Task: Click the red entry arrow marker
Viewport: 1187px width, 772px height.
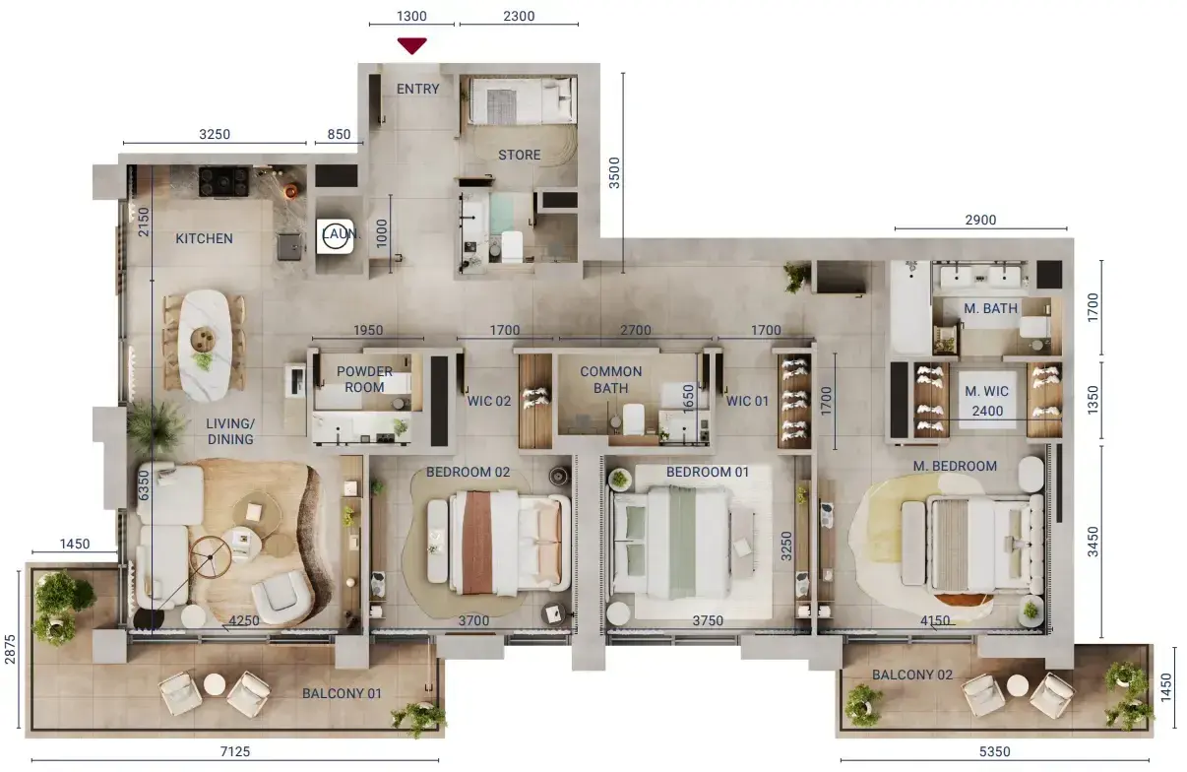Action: pyautogui.click(x=411, y=45)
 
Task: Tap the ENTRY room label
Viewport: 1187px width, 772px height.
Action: pyautogui.click(x=418, y=89)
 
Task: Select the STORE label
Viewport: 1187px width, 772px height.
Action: pyautogui.click(x=520, y=155)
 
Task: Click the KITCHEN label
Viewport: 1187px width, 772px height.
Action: pyautogui.click(x=204, y=238)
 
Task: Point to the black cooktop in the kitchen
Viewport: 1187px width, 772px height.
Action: pyautogui.click(x=223, y=181)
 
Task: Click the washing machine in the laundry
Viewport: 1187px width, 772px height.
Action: pyautogui.click(x=335, y=236)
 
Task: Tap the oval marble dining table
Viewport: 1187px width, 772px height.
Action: pyautogui.click(x=205, y=346)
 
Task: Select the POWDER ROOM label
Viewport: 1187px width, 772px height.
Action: pyautogui.click(x=364, y=379)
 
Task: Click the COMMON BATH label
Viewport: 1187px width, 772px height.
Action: pyautogui.click(x=611, y=380)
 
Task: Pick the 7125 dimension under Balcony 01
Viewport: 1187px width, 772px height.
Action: pyautogui.click(x=235, y=751)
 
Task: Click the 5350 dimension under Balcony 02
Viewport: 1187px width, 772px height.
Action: pyautogui.click(x=995, y=751)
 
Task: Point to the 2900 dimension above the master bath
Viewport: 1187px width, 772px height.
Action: pyautogui.click(x=980, y=220)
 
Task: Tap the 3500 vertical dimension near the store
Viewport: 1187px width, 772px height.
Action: pyautogui.click(x=614, y=173)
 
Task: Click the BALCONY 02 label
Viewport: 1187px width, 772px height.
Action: pyautogui.click(x=912, y=675)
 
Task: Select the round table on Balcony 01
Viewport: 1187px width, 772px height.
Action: pyautogui.click(x=215, y=684)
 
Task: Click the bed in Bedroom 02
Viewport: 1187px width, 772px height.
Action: pyautogui.click(x=499, y=542)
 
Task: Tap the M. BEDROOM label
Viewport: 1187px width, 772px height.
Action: pyautogui.click(x=955, y=466)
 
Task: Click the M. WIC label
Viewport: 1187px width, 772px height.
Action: pyautogui.click(x=986, y=391)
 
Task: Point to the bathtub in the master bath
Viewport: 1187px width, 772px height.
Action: pyautogui.click(x=910, y=307)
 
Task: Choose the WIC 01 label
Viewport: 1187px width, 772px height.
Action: pyautogui.click(x=747, y=401)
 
